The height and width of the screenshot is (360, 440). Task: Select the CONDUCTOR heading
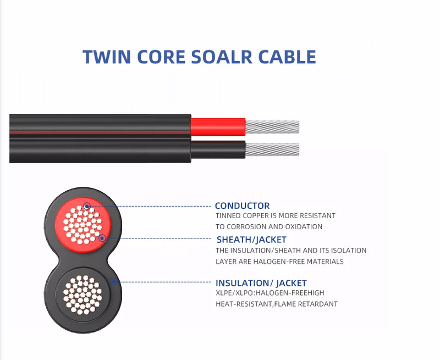pyautogui.click(x=242, y=206)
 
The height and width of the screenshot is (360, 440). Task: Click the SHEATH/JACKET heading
pyautogui.click(x=251, y=240)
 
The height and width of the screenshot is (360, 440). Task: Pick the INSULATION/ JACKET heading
pyautogui.click(x=261, y=283)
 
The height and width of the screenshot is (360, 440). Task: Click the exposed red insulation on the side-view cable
pyautogui.click(x=217, y=126)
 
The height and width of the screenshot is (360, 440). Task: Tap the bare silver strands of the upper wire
pyautogui.click(x=272, y=127)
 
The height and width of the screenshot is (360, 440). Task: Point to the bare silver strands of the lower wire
pyautogui.click(x=272, y=149)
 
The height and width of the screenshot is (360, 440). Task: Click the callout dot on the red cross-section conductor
pyautogui.click(x=87, y=207)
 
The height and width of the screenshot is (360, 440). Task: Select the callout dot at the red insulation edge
pyautogui.click(x=102, y=238)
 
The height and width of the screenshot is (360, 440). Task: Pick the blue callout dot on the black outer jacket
pyautogui.click(x=113, y=282)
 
